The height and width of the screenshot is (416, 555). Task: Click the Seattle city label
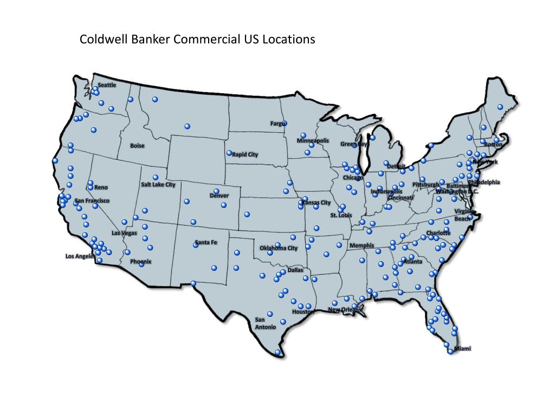point(107,85)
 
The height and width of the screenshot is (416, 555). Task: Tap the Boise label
point(137,146)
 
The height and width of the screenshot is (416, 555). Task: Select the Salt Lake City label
point(158,185)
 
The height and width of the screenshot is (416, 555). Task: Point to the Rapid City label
point(245,154)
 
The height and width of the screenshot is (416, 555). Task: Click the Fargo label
point(277,124)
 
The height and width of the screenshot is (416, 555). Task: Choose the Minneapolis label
point(313,141)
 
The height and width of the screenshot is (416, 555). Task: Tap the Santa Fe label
point(205,243)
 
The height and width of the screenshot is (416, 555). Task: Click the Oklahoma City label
point(279,249)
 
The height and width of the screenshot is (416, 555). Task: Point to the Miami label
point(462,348)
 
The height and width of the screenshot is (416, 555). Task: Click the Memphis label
point(362,246)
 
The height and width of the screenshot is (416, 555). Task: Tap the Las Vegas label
point(124,233)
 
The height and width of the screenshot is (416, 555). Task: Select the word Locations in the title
point(288,40)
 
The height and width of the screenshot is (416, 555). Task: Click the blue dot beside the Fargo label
point(285,123)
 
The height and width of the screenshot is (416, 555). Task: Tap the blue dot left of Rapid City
point(229,153)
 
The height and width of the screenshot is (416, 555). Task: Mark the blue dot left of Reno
point(90,187)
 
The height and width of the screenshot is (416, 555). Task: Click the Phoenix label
point(141,262)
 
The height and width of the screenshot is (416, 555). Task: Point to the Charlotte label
point(438,233)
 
